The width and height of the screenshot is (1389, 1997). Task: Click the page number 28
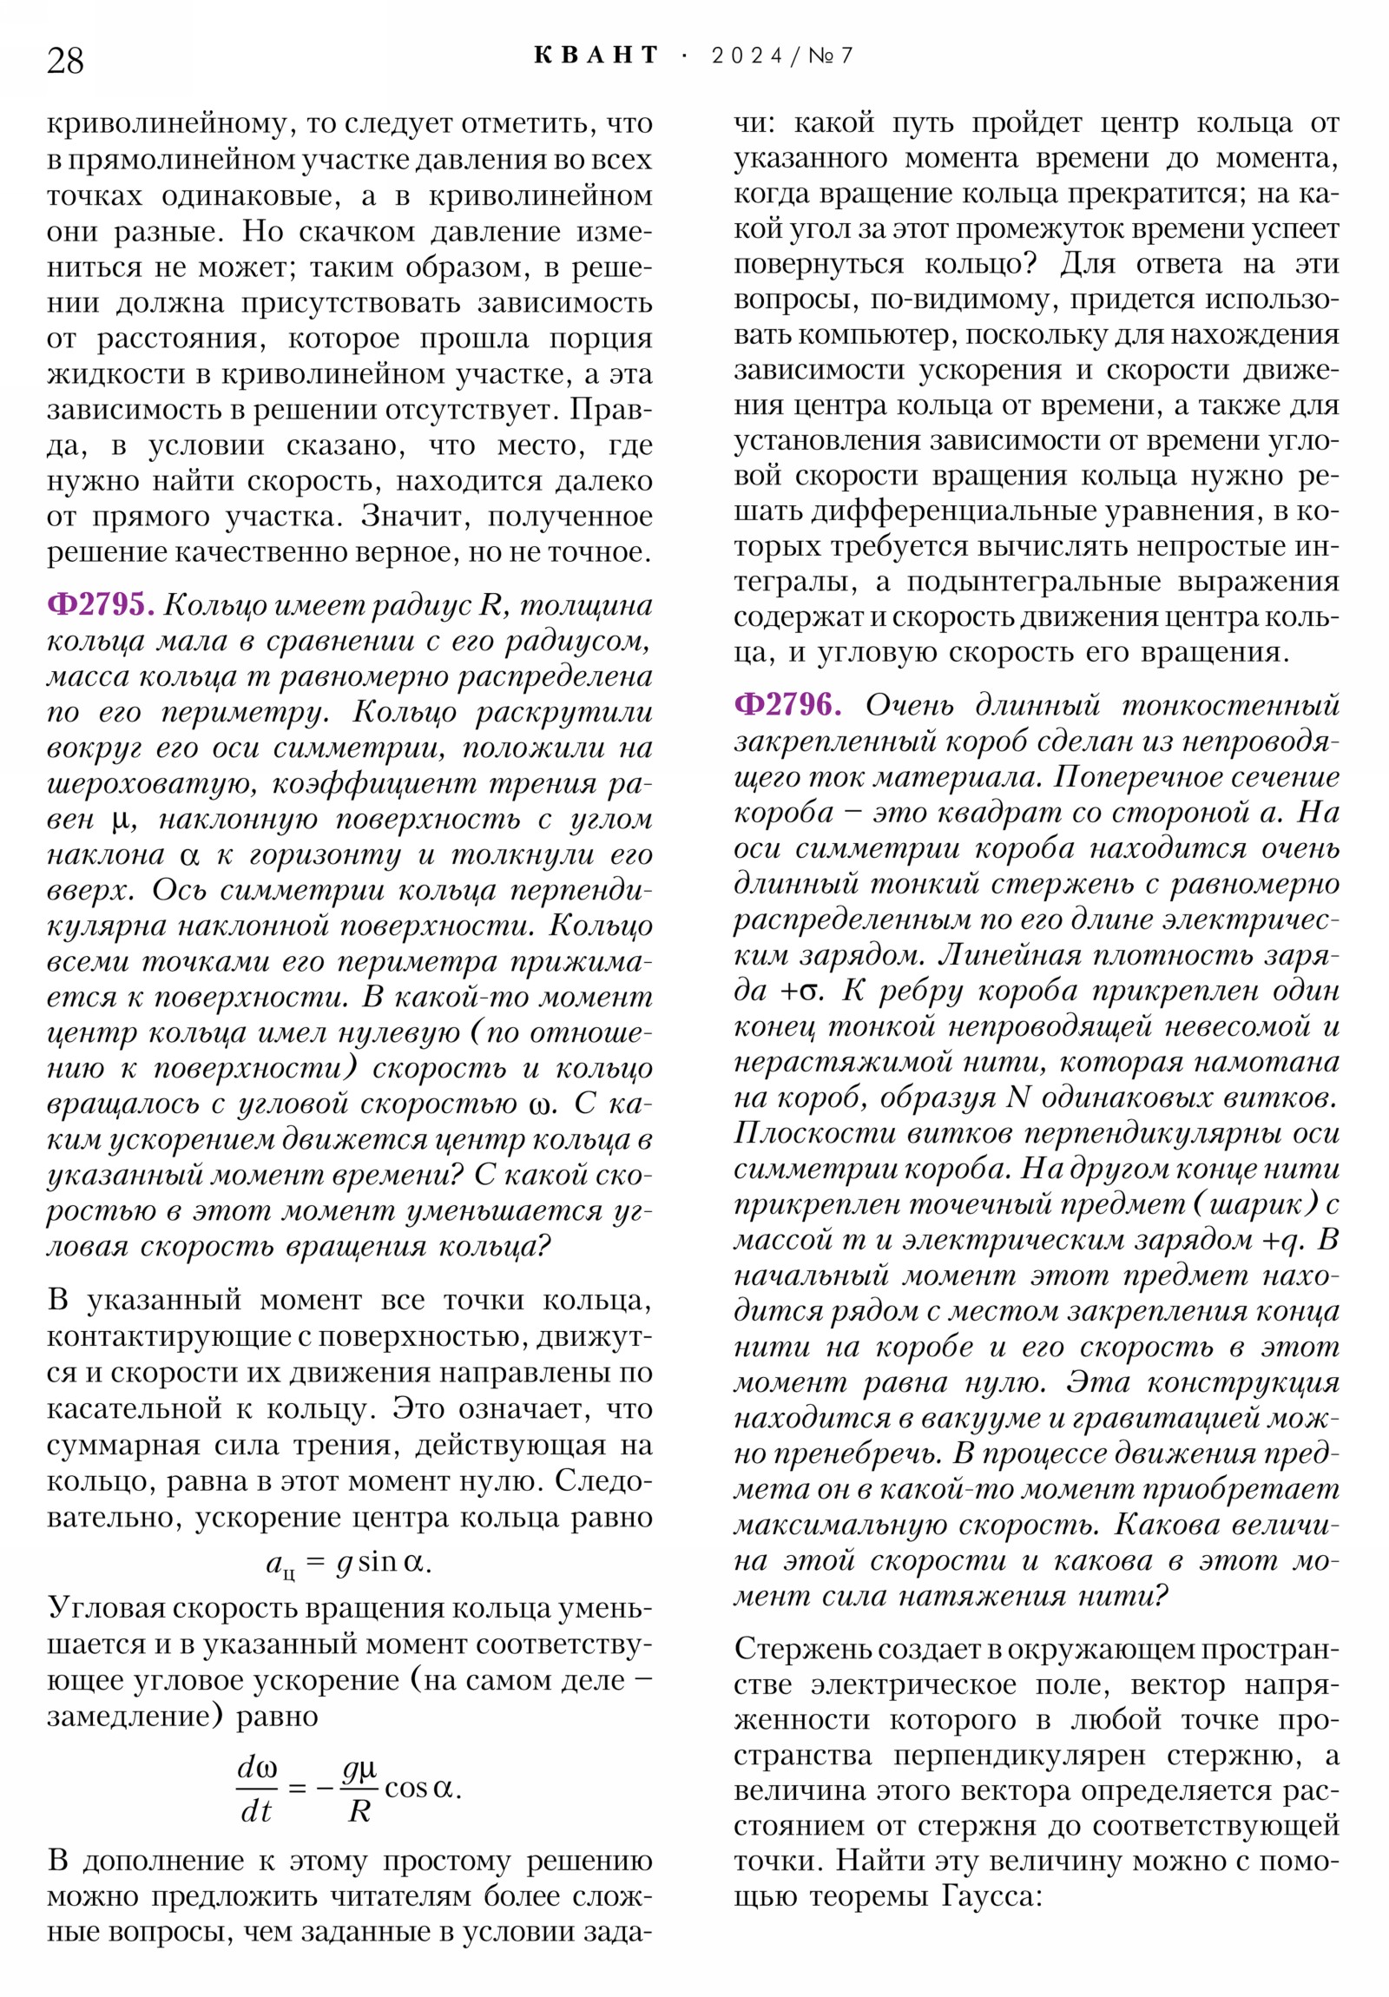click(x=65, y=61)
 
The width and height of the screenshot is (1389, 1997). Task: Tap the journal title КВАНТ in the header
click(x=596, y=56)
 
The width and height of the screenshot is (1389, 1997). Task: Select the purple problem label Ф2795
click(x=100, y=604)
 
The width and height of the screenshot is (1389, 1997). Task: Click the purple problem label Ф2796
click(x=787, y=704)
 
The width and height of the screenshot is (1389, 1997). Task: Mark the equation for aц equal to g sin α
click(x=349, y=1563)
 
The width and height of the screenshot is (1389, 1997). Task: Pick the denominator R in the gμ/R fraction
click(x=359, y=1811)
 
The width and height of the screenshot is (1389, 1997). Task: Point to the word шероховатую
click(x=151, y=784)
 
